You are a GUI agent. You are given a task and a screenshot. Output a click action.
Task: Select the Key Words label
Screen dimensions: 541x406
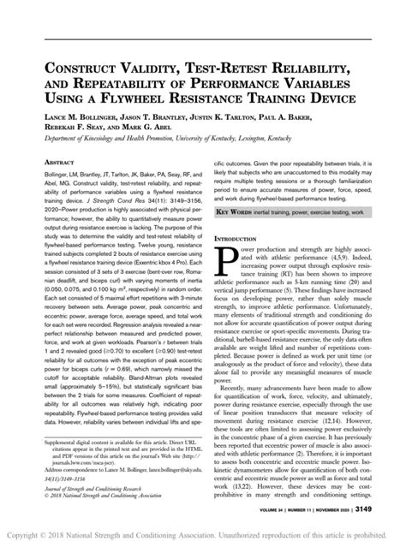click(236, 210)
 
